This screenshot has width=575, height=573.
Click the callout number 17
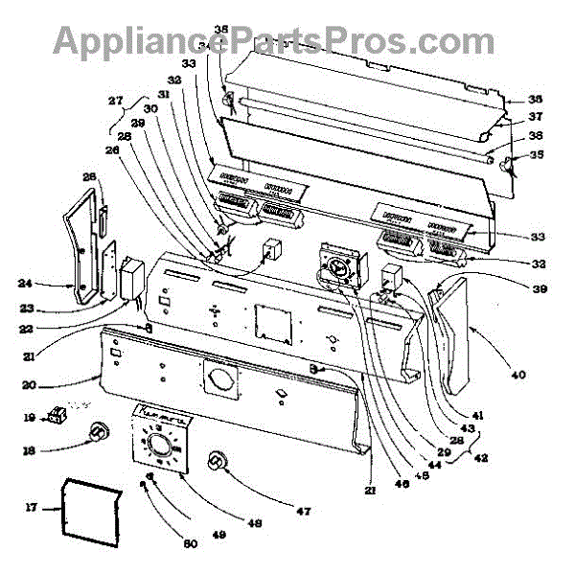pos(30,508)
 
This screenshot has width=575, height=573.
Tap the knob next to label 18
pos(97,434)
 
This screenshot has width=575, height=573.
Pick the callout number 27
pos(115,101)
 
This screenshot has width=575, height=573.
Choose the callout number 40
pos(517,375)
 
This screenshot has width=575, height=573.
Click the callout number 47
pos(303,512)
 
